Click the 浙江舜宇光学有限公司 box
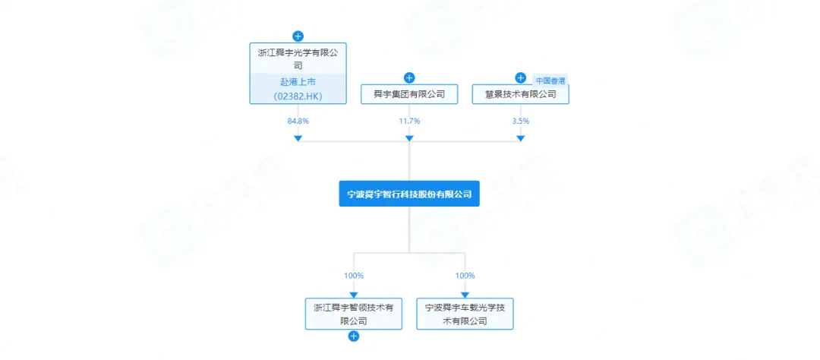[298, 59]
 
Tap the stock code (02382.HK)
[298, 96]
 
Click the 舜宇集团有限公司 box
[409, 94]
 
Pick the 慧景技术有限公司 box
[520, 94]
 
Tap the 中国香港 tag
[550, 81]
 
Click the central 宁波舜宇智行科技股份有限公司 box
[409, 194]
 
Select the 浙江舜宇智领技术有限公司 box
[353, 314]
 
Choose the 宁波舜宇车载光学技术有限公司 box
[465, 314]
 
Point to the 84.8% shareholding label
[298, 121]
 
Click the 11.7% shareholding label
[409, 121]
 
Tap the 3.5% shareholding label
[520, 121]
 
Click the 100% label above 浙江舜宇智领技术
[353, 276]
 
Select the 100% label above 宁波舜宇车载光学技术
[465, 276]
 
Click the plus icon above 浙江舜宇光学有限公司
[298, 36]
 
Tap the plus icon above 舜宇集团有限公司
[409, 77]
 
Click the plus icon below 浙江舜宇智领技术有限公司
[353, 336]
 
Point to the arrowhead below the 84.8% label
[298, 138]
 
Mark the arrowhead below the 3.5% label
[520, 138]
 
